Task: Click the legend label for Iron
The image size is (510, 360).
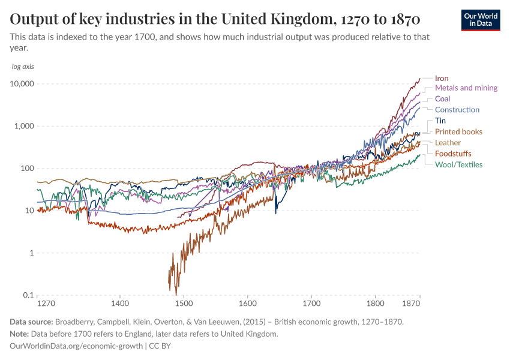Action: (x=442, y=78)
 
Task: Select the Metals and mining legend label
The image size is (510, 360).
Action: (x=466, y=88)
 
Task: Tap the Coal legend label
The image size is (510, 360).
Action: (x=442, y=98)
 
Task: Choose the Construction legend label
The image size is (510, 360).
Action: (x=457, y=110)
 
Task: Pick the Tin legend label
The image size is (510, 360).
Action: (x=440, y=121)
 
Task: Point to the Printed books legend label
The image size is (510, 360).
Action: (x=458, y=131)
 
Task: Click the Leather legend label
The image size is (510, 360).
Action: (x=448, y=143)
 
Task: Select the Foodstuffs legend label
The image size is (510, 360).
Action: (x=453, y=154)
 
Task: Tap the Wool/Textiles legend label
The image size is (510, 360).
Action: (x=458, y=164)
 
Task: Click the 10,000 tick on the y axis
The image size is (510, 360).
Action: (x=22, y=84)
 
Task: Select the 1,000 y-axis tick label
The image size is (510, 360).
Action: (x=25, y=127)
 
